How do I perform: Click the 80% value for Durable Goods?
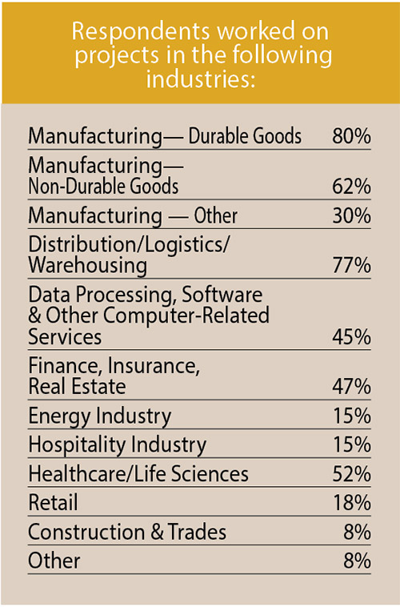click(x=351, y=136)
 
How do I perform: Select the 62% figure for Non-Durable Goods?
click(x=351, y=188)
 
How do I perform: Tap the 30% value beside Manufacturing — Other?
click(x=351, y=216)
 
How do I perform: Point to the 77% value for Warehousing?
click(x=351, y=265)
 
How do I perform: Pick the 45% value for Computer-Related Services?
click(x=351, y=337)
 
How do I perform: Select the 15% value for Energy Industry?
click(x=351, y=416)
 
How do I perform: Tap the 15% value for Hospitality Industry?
click(x=351, y=444)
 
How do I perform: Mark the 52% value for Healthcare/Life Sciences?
click(x=351, y=474)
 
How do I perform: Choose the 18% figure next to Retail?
click(x=351, y=503)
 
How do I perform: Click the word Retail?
click(x=53, y=503)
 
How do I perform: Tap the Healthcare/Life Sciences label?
click(x=138, y=474)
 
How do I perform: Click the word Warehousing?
click(x=87, y=265)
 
